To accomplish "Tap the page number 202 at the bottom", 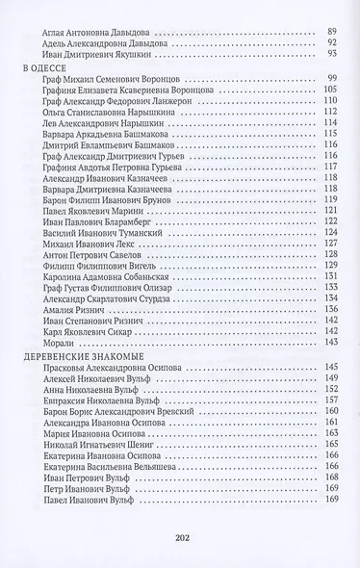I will [180, 535].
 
